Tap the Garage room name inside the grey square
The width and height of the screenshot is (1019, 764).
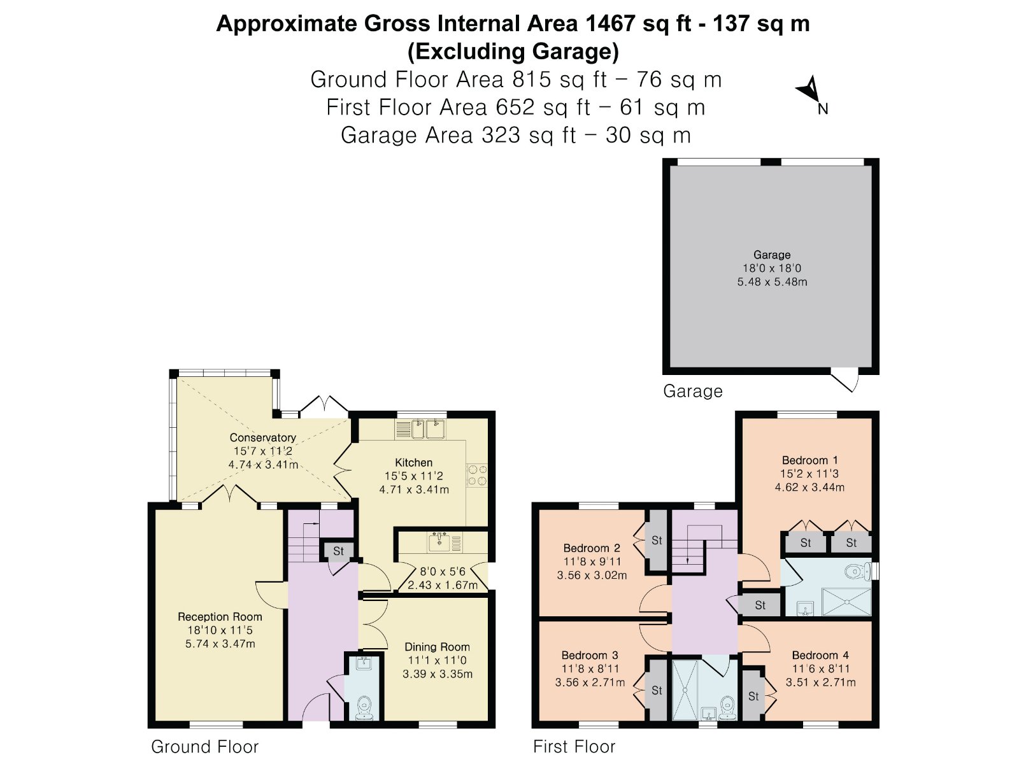[771, 255]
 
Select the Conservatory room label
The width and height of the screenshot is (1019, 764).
[263, 437]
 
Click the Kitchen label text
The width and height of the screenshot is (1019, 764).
[413, 462]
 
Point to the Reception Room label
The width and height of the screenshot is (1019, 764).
[220, 617]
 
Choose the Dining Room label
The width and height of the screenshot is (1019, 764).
[438, 647]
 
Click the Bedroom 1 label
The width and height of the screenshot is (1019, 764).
[810, 460]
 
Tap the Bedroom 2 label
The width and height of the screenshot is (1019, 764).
[592, 548]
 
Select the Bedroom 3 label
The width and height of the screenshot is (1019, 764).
[590, 655]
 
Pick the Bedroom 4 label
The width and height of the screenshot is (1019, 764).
[820, 655]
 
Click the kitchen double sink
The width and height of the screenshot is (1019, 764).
[427, 428]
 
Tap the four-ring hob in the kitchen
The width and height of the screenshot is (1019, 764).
[477, 476]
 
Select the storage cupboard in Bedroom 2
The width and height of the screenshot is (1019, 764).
[657, 541]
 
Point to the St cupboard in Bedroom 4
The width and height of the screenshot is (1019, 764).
[753, 697]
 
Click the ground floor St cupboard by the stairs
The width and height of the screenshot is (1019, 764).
[338, 551]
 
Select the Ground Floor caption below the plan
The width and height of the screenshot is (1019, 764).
[204, 747]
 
